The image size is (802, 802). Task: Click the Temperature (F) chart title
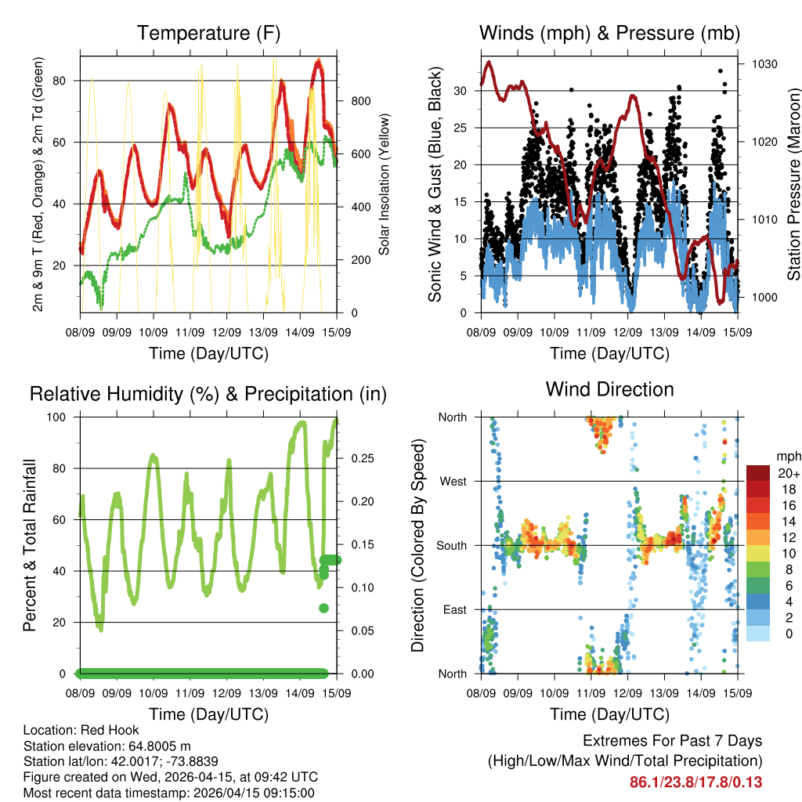click(208, 34)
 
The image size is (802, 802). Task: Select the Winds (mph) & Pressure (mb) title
click(609, 34)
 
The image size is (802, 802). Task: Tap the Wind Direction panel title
click(609, 389)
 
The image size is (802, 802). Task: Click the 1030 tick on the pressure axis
click(763, 64)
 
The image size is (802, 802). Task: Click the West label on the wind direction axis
click(452, 481)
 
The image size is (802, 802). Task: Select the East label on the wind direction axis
click(453, 609)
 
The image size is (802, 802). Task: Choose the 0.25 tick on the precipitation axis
click(359, 458)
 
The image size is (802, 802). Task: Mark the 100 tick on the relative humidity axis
click(63, 417)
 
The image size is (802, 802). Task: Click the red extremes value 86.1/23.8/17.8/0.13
click(695, 782)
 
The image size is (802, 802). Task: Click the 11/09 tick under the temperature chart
click(190, 332)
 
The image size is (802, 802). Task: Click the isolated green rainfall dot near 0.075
click(323, 608)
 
